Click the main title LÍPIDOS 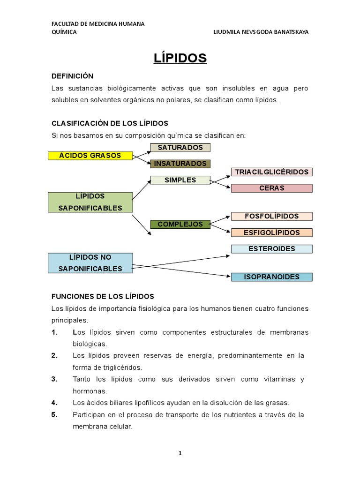coord(180,58)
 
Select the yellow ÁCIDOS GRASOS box coord(90,156)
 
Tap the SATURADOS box coord(180,148)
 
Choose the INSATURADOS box coord(180,164)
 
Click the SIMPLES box coord(180,180)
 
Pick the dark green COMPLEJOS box coord(180,224)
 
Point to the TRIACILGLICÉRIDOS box coord(272,172)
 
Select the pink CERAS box coord(272,188)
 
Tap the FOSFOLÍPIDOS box coord(272,216)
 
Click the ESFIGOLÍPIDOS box coord(272,232)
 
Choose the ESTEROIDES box coord(272,248)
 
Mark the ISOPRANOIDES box coord(272,277)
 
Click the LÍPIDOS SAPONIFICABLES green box coord(90,202)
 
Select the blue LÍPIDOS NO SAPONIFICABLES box coord(90,263)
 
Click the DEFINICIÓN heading coord(73,76)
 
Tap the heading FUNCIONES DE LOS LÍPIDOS coord(102,296)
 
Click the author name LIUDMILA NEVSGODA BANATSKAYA coord(261,32)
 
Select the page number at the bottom coord(180,453)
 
